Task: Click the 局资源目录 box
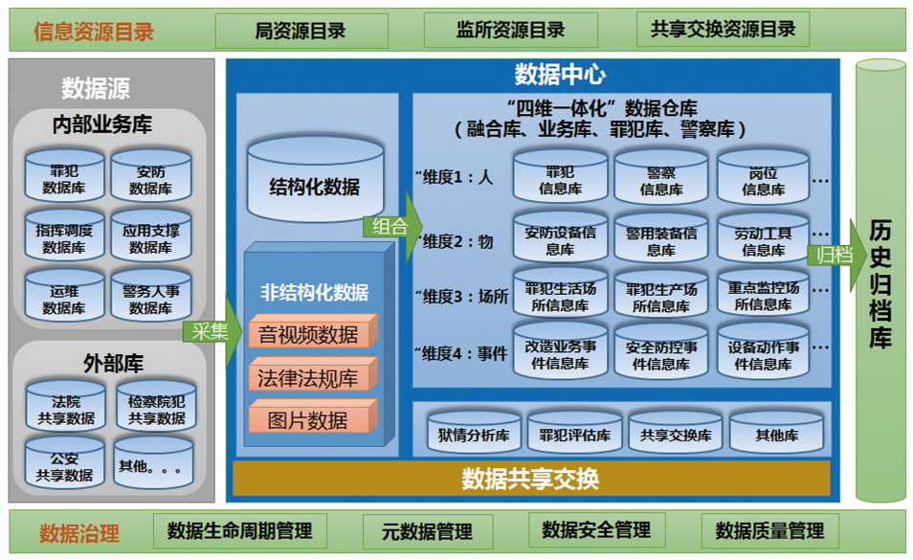[301, 31]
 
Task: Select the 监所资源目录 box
[510, 31]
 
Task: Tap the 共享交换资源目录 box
[723, 30]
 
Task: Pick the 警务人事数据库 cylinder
[150, 300]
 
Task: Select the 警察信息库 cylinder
[660, 180]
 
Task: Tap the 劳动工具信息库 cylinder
[763, 240]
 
